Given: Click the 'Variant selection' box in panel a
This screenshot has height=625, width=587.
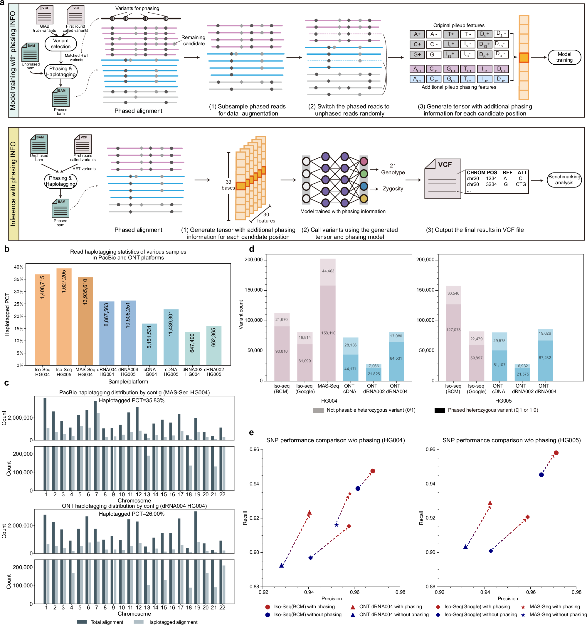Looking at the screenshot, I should (61, 44).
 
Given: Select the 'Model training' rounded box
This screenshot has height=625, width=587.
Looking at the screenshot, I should (564, 57).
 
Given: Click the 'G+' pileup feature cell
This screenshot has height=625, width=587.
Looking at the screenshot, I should (417, 55).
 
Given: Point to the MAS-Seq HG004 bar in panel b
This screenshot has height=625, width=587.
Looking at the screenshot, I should (85, 321).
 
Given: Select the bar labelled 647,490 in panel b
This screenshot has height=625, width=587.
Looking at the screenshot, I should (192, 348).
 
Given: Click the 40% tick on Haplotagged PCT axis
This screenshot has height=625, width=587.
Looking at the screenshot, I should (18, 267).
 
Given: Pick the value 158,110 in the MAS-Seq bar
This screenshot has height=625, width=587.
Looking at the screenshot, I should (328, 333).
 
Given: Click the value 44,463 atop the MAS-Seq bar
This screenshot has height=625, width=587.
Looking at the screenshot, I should (328, 271).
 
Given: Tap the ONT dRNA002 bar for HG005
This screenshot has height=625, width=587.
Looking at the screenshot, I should (522, 373).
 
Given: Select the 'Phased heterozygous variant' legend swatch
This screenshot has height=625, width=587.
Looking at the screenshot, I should (440, 410).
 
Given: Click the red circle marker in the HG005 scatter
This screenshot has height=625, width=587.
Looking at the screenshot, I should (556, 453).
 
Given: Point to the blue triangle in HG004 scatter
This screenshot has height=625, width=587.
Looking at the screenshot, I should (282, 566).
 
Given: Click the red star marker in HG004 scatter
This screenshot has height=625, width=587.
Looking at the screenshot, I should (350, 494).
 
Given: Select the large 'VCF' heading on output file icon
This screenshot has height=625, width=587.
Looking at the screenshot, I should (445, 165).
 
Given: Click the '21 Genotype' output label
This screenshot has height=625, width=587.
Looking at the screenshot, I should (393, 169).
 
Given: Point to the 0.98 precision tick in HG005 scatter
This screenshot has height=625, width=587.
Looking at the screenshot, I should (576, 592).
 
